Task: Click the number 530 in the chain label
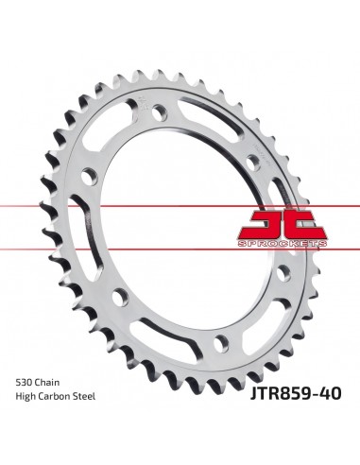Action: click(x=24, y=383)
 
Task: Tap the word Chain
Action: click(x=46, y=383)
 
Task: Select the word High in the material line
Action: click(x=26, y=397)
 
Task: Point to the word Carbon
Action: click(x=53, y=396)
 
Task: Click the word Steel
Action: click(x=83, y=396)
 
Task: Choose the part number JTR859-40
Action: click(x=296, y=393)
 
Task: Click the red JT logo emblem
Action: click(x=282, y=226)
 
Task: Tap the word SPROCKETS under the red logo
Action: click(x=283, y=244)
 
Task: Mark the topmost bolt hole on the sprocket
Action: click(x=160, y=112)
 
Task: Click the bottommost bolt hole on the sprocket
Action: click(x=221, y=343)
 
